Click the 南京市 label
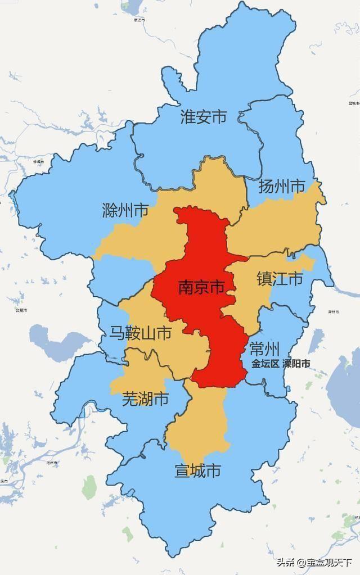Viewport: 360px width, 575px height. [x=201, y=288]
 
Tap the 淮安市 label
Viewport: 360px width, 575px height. [x=204, y=117]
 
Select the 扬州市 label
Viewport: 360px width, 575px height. [x=281, y=187]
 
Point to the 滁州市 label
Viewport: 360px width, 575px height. [x=125, y=211]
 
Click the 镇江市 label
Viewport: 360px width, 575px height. [x=280, y=279]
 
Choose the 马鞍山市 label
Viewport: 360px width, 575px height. [x=140, y=333]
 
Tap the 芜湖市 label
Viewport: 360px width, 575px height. [x=145, y=400]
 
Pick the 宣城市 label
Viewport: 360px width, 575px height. [x=197, y=470]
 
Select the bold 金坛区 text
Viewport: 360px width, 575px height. [x=265, y=364]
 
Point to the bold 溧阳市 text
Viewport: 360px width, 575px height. [x=296, y=364]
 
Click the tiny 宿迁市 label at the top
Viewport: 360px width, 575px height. [x=139, y=20]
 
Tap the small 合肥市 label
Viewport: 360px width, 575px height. [x=21, y=310]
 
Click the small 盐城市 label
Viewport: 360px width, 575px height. [x=354, y=103]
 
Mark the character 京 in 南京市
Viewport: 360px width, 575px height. [x=201, y=288]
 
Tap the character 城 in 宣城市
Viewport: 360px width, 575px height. [x=197, y=470]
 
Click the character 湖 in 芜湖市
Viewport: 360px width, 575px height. [x=145, y=400]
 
